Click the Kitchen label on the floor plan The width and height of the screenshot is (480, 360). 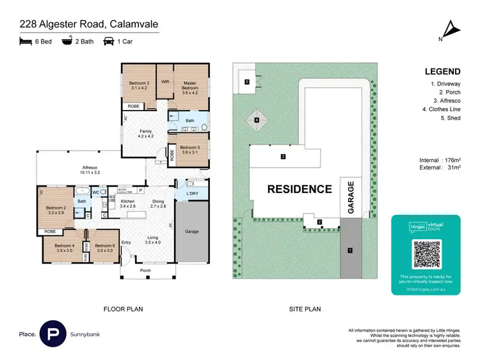(x=128, y=203)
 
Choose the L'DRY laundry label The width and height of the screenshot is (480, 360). (x=191, y=194)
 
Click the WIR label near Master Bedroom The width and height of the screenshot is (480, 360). (x=164, y=82)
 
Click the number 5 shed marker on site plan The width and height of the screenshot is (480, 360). (x=246, y=81)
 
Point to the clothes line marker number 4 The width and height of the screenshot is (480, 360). (x=257, y=120)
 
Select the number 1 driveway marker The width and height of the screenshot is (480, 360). (x=349, y=250)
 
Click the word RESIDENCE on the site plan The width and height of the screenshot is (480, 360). (x=300, y=189)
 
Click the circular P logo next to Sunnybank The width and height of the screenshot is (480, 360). (x=52, y=334)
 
